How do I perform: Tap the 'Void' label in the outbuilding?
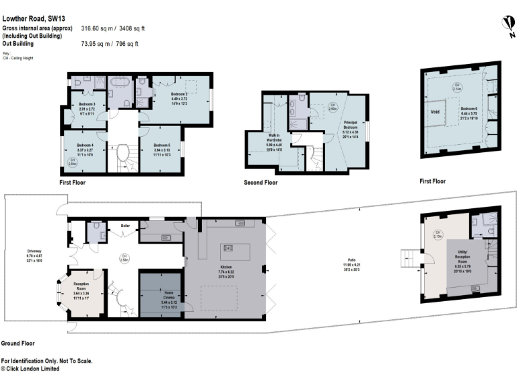pos(436,112)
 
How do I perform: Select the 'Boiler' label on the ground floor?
pos(125,225)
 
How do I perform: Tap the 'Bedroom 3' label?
pos(85,104)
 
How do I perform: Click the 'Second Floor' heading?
pos(261,183)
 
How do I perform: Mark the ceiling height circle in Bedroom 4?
pos(72,161)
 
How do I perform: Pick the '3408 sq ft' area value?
pos(131,29)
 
